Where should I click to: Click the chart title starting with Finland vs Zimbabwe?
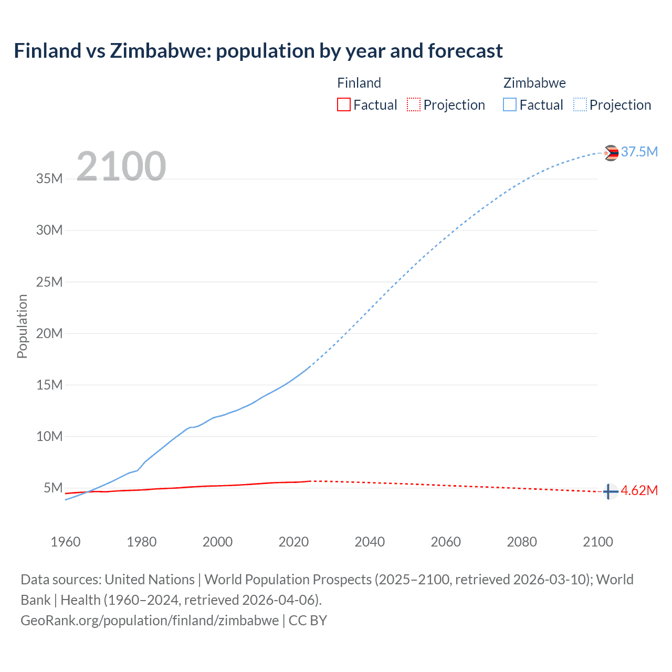click(x=258, y=51)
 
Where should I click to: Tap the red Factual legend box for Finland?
click(x=343, y=104)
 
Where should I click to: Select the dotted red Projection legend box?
click(x=414, y=104)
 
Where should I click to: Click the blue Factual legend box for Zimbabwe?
click(x=509, y=104)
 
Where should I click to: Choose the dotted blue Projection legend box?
click(x=580, y=104)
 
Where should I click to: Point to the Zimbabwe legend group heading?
click(x=534, y=83)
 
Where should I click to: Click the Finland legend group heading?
click(x=359, y=83)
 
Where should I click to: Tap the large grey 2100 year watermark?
click(x=121, y=166)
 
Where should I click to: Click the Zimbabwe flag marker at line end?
click(x=611, y=153)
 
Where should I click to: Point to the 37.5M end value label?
click(x=639, y=152)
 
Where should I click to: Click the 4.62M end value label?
click(x=639, y=490)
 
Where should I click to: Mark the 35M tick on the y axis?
click(x=49, y=178)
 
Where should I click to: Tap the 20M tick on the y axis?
click(x=49, y=333)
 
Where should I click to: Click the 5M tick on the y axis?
click(x=53, y=488)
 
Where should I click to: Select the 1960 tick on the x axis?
click(x=66, y=542)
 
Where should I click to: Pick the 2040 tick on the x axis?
click(x=370, y=542)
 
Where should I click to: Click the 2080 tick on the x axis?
click(x=522, y=542)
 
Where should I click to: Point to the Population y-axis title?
click(x=22, y=326)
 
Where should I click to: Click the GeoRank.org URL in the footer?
click(x=150, y=620)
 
